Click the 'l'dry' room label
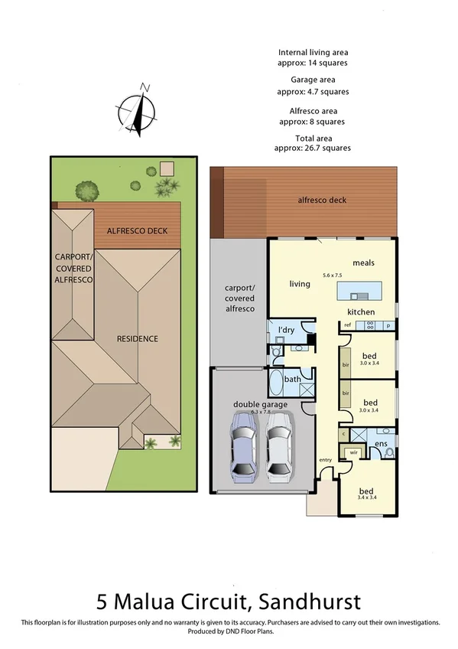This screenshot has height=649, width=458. coord(286,330)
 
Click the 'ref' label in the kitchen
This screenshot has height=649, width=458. coord(347,325)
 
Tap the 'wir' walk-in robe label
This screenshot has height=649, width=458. coord(352,452)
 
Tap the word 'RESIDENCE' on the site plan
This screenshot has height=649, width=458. coord(137,338)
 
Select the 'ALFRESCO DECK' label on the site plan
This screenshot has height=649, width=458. coord(137,230)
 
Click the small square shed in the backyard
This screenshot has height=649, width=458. coord(166,168)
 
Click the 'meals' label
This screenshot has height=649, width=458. coord(362,262)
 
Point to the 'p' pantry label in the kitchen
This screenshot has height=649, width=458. coord(388,326)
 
